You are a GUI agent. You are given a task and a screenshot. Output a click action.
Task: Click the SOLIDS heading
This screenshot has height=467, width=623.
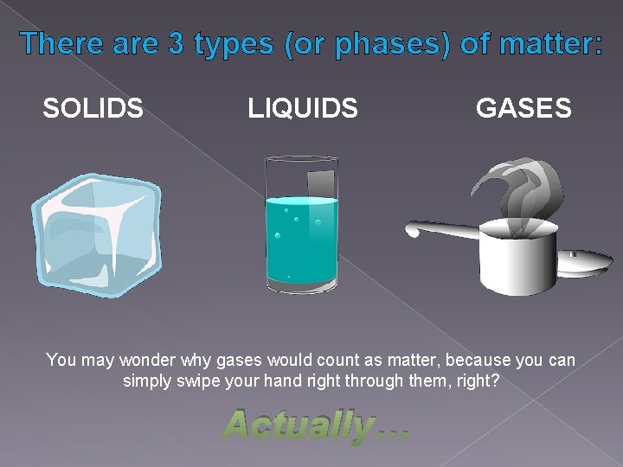tap(93, 108)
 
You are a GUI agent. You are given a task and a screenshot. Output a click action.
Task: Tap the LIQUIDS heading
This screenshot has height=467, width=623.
tap(302, 108)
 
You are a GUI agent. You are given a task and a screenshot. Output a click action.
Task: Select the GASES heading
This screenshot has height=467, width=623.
tap(523, 108)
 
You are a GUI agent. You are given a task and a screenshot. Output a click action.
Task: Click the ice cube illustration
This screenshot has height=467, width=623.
tap(95, 233)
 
